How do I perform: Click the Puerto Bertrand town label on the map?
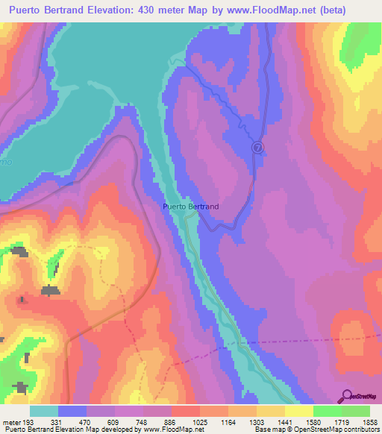[x=190, y=207]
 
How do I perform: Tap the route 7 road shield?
[x=257, y=147]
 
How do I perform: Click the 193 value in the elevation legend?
[x=30, y=421]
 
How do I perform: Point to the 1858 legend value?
[x=369, y=421]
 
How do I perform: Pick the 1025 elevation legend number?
[x=200, y=421]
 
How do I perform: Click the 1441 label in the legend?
[x=284, y=421]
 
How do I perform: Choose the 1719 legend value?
[x=341, y=421]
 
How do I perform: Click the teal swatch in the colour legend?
[x=44, y=411]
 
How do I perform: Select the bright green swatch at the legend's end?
[x=355, y=411]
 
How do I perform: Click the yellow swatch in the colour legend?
[x=298, y=411]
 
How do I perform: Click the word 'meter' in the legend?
[x=11, y=421]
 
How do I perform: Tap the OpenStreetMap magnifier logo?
[x=346, y=396]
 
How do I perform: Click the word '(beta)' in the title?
[x=357, y=11]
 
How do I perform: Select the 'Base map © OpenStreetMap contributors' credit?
[x=315, y=430]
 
